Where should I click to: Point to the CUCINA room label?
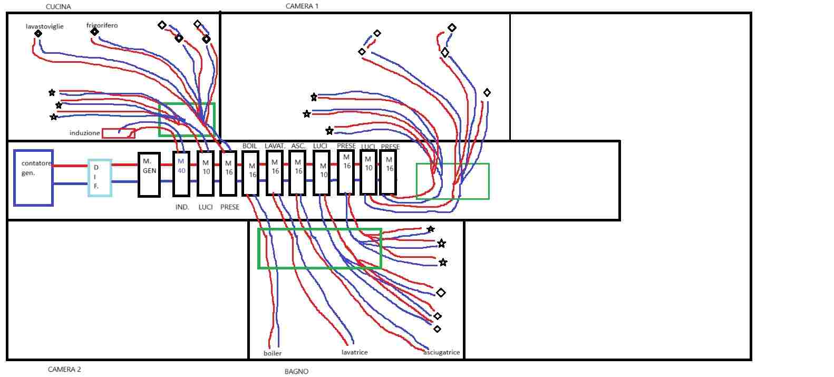(x=59, y=7)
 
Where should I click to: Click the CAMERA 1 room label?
(x=302, y=6)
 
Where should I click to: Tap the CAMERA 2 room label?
(x=64, y=369)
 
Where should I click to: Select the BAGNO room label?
(x=296, y=371)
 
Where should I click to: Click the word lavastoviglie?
(x=45, y=26)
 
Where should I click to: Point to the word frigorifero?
(x=102, y=25)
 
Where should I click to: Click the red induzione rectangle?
(x=119, y=133)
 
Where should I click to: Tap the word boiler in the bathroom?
(x=273, y=353)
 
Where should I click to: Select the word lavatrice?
(x=354, y=352)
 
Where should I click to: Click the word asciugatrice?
(x=442, y=352)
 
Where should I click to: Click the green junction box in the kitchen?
(x=159, y=120)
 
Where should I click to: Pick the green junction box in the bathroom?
(x=258, y=248)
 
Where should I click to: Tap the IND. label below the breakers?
(x=182, y=207)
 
